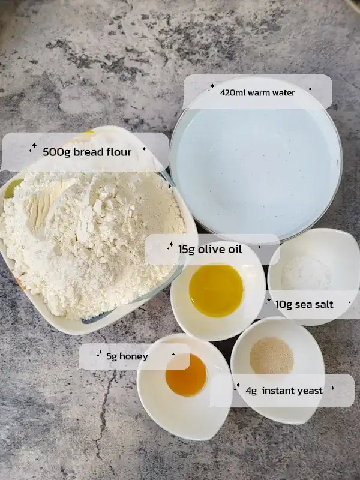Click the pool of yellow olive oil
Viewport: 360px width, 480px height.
pyautogui.click(x=216, y=290)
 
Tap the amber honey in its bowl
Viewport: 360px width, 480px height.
pyautogui.click(x=186, y=374)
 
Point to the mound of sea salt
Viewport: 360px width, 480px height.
pyautogui.click(x=307, y=272)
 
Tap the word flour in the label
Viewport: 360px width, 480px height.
pyautogui.click(x=119, y=152)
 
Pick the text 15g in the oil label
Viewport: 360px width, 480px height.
pyautogui.click(x=187, y=250)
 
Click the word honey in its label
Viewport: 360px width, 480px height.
pyautogui.click(x=133, y=356)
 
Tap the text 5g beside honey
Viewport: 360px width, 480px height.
pyautogui.click(x=112, y=356)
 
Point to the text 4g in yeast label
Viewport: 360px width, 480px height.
pyautogui.click(x=251, y=391)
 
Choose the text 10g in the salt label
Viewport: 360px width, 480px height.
pyautogui.click(x=284, y=305)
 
